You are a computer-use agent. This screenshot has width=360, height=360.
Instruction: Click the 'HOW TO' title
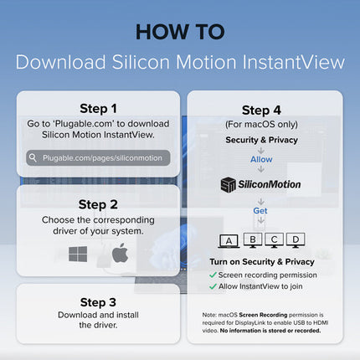click(x=180, y=32)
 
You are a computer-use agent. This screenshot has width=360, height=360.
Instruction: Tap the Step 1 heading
click(x=98, y=109)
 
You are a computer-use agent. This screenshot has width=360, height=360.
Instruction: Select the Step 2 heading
click(x=98, y=204)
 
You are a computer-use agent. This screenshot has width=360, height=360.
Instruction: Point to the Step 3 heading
click(x=98, y=302)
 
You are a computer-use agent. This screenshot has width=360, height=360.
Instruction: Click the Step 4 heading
click(x=261, y=111)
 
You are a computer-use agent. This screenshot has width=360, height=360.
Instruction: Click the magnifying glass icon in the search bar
click(x=33, y=157)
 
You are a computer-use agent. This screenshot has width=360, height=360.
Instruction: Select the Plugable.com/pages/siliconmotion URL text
click(x=102, y=158)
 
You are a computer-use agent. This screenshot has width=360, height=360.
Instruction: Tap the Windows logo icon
click(x=78, y=254)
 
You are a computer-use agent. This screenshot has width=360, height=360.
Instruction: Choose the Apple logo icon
click(x=120, y=253)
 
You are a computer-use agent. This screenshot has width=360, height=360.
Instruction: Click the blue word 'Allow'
click(x=261, y=159)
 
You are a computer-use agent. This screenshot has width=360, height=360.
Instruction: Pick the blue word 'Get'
click(x=260, y=211)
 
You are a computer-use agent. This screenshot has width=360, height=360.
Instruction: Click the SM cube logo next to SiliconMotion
click(x=229, y=184)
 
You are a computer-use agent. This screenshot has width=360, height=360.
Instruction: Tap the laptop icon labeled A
click(x=229, y=241)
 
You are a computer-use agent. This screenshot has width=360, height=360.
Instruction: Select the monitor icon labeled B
click(x=253, y=240)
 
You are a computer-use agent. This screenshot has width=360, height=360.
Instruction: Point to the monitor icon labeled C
click(x=274, y=240)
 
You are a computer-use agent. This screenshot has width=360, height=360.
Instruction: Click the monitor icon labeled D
click(x=296, y=240)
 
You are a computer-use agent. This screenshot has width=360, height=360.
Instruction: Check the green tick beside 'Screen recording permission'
click(x=213, y=275)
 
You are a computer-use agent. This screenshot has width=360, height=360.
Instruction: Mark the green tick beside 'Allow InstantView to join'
click(x=213, y=286)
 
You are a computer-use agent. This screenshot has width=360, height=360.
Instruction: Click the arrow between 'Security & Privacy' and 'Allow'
click(x=261, y=151)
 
